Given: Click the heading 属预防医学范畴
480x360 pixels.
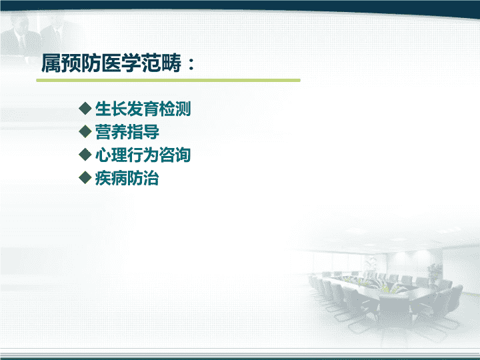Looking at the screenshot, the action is coord(111,63).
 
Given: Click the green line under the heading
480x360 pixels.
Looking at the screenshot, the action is coord(169,80).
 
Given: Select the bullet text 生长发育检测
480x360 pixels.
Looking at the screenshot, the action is coord(143,109).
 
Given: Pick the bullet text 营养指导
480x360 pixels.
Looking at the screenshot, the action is coord(127,132).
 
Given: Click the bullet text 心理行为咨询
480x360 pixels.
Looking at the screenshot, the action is coord(143,155).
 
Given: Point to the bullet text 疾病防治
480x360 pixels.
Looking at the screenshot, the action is coord(127,178).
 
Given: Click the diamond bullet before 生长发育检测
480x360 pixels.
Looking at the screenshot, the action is coord(85,109).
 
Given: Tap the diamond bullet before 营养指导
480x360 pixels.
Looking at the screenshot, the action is coord(85,131).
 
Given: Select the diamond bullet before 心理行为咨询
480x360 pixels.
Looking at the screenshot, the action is coord(85,154).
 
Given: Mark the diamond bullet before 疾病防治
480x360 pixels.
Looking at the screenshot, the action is coord(85,177).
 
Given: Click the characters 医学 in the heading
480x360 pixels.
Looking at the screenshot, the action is coord(121,63).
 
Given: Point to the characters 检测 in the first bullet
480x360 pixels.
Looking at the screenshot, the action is coord(175,109).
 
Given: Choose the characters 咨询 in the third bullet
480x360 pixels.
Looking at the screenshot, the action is coord(175,155).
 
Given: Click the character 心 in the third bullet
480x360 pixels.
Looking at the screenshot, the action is coord(103,155).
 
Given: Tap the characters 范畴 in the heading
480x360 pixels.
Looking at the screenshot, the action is coord(161,63).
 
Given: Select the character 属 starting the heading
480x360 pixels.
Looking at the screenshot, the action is coord(51,63).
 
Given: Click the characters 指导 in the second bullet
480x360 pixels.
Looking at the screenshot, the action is coord(143,132).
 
